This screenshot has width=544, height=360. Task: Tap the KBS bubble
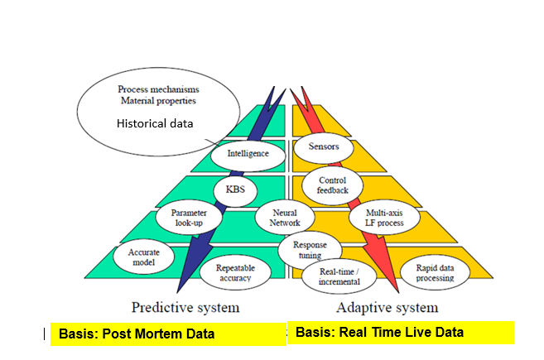pos(236,190)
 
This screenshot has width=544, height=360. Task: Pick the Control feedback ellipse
pos(332,185)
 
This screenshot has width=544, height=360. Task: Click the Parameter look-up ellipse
pos(189,217)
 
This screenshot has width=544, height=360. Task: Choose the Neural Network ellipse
pos(285,218)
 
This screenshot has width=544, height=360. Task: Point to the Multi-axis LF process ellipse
pos(384,217)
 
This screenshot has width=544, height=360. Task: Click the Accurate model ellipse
pos(143,257)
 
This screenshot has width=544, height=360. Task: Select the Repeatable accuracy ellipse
pos(235,272)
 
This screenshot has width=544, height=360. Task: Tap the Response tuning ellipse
pos(310,251)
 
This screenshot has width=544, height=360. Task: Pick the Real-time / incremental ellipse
pos(339,276)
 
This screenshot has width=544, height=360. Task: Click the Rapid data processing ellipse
pos(435,272)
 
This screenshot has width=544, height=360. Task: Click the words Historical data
pos(155,123)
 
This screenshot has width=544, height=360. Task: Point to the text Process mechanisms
pos(158,89)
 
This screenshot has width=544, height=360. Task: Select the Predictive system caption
pos(185,308)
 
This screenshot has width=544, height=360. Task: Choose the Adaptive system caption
pos(388,308)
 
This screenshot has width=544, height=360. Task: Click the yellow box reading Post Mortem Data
pos(169,334)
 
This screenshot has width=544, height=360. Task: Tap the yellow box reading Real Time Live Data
pos(401,333)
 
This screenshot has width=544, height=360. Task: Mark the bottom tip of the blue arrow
pos(177,293)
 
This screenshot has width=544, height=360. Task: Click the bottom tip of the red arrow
pos(398,293)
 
